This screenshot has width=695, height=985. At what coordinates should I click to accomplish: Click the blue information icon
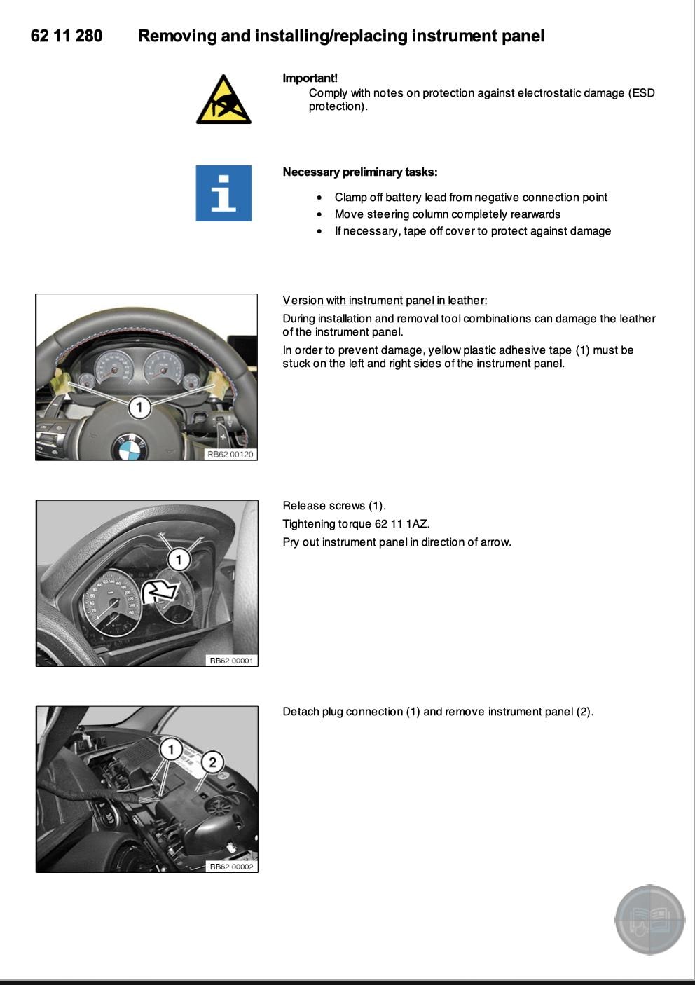(223, 193)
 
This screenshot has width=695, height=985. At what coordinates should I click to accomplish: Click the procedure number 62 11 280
(67, 36)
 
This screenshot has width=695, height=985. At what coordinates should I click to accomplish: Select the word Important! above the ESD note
(310, 78)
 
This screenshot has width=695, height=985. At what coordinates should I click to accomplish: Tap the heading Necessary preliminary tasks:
(359, 172)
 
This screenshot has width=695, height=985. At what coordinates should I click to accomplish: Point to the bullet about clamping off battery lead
(471, 198)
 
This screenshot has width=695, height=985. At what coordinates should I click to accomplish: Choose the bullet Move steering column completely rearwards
(447, 214)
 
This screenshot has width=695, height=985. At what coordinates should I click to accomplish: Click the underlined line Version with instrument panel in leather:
(385, 301)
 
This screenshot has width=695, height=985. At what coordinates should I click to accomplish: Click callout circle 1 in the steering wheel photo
(139, 407)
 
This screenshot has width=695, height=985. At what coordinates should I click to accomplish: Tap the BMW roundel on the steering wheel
(130, 448)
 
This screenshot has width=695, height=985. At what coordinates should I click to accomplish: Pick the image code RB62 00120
(230, 455)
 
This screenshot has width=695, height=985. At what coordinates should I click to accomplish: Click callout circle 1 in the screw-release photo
(179, 560)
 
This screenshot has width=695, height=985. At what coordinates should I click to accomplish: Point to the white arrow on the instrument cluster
(160, 592)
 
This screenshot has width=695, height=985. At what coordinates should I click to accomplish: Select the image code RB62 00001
(232, 661)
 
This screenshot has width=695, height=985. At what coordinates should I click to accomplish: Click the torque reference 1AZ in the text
(418, 524)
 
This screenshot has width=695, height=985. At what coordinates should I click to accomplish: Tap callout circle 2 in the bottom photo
(212, 762)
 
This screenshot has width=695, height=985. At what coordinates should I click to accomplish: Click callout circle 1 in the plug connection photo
(171, 750)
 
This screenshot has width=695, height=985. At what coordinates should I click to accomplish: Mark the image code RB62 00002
(232, 867)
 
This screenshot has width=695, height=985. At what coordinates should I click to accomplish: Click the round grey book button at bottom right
(649, 920)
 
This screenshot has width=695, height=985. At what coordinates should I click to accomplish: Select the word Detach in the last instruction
(300, 712)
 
